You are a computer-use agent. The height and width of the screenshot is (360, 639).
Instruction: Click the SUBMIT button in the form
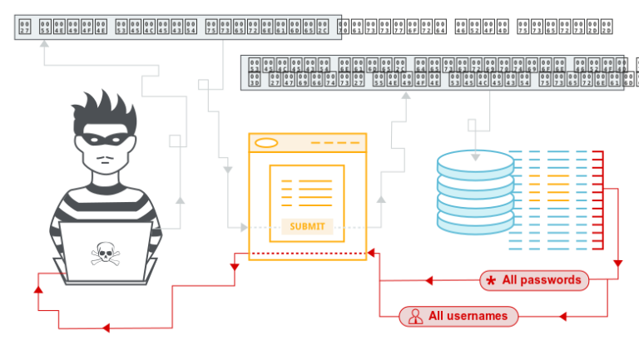click(x=307, y=226)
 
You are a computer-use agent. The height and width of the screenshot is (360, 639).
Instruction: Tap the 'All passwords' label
click(x=542, y=280)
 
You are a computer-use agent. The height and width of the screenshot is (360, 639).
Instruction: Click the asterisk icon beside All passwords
click(x=491, y=281)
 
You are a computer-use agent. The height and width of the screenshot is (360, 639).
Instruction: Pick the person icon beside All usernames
click(x=414, y=316)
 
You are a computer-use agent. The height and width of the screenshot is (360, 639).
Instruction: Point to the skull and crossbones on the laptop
click(x=105, y=253)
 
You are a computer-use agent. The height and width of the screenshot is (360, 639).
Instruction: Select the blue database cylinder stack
click(x=475, y=191)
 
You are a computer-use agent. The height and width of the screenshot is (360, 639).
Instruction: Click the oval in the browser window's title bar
click(x=266, y=143)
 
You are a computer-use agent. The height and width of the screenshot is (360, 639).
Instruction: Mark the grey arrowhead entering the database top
click(x=475, y=155)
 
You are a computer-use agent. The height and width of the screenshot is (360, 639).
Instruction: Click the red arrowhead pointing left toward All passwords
click(x=428, y=280)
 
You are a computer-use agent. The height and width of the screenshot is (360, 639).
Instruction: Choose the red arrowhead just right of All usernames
click(x=562, y=316)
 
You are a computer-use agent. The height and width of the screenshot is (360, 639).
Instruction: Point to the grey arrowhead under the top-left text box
click(x=44, y=43)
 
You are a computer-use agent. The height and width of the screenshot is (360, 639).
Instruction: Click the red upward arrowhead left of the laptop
click(x=38, y=288)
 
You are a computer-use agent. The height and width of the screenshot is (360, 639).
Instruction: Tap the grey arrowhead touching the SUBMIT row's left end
click(x=245, y=227)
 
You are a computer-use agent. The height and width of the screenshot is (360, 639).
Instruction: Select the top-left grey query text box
click(x=178, y=27)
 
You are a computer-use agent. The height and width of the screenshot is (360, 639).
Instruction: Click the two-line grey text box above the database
click(x=432, y=72)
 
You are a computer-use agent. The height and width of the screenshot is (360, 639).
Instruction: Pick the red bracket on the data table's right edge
click(x=597, y=200)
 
